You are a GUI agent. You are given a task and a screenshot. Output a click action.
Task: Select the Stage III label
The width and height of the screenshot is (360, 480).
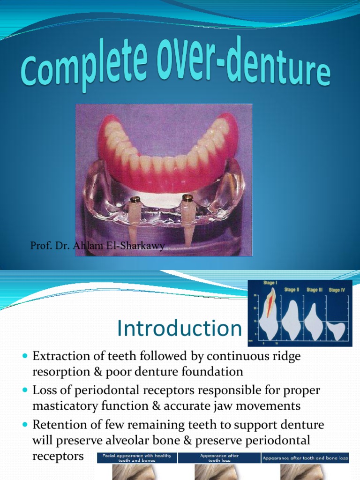315,290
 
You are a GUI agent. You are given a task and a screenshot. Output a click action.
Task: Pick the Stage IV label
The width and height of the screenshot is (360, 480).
337,290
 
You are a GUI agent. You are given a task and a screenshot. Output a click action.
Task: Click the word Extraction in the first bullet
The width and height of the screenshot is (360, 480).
59,356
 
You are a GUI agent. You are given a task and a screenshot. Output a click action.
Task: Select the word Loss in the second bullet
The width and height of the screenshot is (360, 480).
44,390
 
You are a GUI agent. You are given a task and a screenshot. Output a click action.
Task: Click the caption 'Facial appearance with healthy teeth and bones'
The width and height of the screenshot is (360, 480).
137,457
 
